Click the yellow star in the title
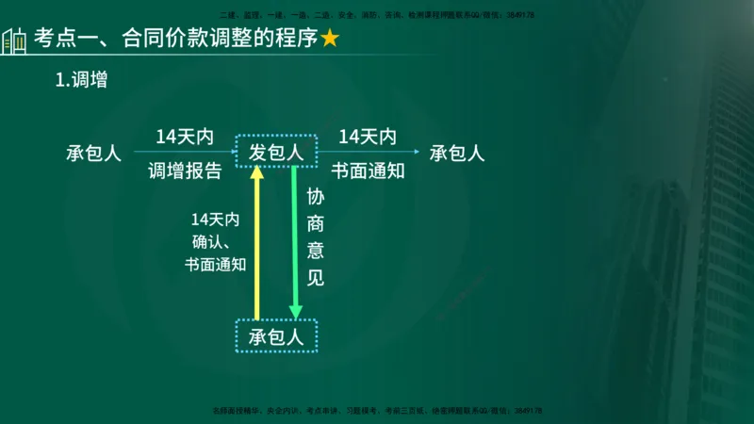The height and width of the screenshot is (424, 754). coord(330,40)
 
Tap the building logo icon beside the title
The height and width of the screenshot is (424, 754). coord(13,41)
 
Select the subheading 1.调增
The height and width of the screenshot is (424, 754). coord(81,81)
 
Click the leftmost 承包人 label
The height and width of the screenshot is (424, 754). coord(93,153)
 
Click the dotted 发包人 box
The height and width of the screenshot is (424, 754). coord(275,152)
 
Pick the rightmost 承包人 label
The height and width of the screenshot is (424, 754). coord(457,153)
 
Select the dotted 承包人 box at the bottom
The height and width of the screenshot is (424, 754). coord(275,336)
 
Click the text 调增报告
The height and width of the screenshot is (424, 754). coord(185,171)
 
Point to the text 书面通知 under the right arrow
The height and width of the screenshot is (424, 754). coord(368,171)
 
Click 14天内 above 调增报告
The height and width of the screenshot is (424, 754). coord(185,137)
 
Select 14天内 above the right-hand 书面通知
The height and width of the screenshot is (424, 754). coord(368,137)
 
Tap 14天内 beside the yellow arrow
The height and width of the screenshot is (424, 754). coord(215,220)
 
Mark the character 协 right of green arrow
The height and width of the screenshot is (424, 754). coord(316,199)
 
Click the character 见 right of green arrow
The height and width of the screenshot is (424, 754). coord(316,278)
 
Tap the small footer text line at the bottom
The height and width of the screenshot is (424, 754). coord(377,411)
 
